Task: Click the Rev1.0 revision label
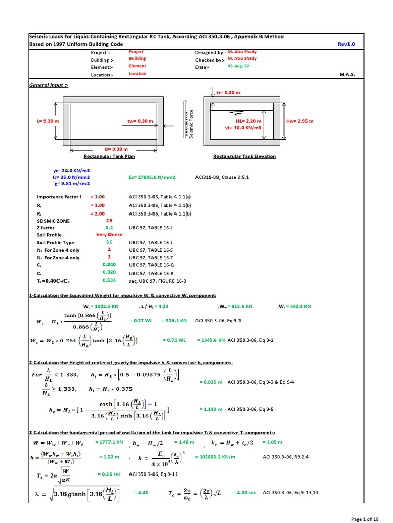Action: click(346, 44)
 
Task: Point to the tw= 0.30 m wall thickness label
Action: click(140, 121)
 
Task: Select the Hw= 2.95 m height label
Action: click(300, 121)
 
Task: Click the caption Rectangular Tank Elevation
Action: click(244, 156)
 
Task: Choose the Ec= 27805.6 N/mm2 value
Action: click(152, 177)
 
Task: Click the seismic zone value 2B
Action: click(108, 221)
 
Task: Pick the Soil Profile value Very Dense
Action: click(108, 235)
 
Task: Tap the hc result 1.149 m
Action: click(211, 409)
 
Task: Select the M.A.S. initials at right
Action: click(347, 74)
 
